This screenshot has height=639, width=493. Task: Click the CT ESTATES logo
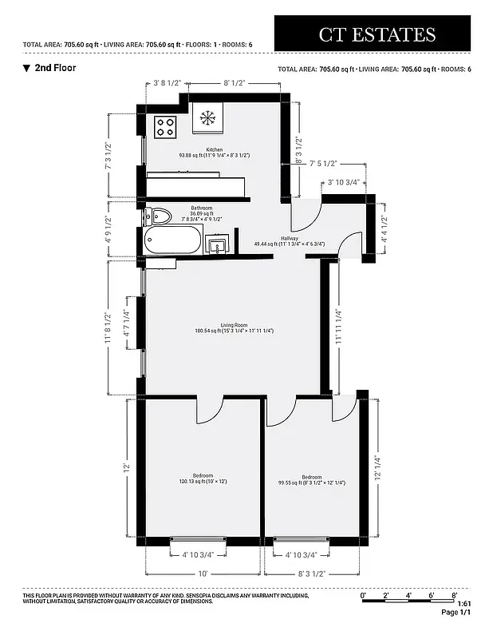tap(377, 34)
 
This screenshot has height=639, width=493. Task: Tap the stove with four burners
tap(166, 125)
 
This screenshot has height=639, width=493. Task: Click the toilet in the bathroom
tap(158, 216)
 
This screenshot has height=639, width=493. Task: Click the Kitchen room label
tap(214, 149)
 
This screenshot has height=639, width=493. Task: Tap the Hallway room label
tap(288, 237)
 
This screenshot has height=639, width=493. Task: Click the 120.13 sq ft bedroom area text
tap(203, 482)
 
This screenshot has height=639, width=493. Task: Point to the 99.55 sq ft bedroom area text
tap(311, 482)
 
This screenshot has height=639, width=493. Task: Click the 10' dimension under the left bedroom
tap(203, 574)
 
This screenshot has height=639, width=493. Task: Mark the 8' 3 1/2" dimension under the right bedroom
tap(311, 574)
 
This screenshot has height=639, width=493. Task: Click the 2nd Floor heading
tap(55, 68)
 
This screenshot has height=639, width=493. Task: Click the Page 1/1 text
tap(456, 613)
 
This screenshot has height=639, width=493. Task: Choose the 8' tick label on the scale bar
tap(453, 595)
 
